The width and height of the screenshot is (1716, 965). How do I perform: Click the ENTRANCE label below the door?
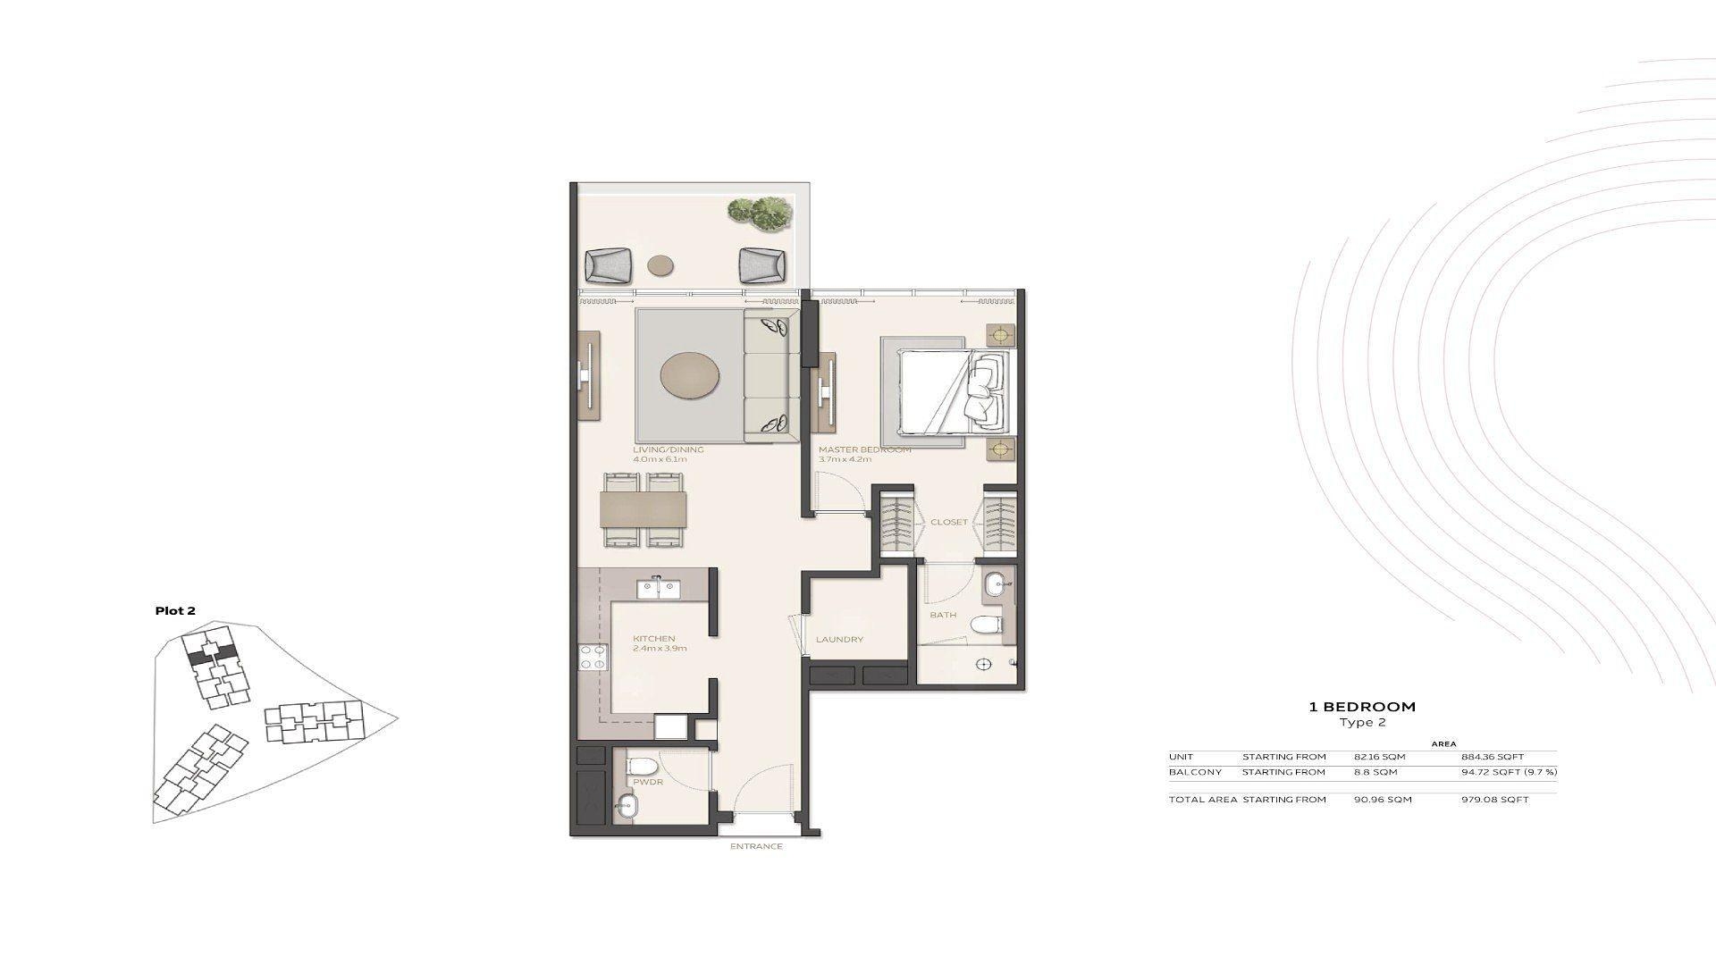click(x=755, y=846)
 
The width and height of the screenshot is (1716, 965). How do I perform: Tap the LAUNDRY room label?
click(x=839, y=640)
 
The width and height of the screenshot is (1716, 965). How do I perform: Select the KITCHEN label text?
click(x=653, y=639)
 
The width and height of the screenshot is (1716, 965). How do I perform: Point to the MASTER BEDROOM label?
click(x=864, y=449)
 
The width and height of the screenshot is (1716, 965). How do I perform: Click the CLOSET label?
click(x=948, y=522)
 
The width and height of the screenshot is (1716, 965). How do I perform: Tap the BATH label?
click(x=943, y=615)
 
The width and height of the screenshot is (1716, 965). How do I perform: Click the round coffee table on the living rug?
click(x=689, y=375)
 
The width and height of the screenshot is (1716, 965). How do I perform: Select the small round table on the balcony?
click(x=662, y=264)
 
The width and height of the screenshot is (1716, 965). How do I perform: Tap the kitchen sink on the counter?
click(x=659, y=589)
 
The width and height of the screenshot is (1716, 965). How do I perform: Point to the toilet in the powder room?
click(x=643, y=766)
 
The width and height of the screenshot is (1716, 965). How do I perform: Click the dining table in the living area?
click(x=643, y=509)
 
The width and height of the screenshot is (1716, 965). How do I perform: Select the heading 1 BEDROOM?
click(x=1362, y=707)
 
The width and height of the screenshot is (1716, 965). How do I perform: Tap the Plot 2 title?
click(x=175, y=611)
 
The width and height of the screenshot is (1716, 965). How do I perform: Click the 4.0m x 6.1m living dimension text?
click(x=660, y=459)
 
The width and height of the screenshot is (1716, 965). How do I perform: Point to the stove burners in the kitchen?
click(x=592, y=658)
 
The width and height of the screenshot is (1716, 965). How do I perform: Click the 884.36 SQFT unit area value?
click(x=1499, y=757)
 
